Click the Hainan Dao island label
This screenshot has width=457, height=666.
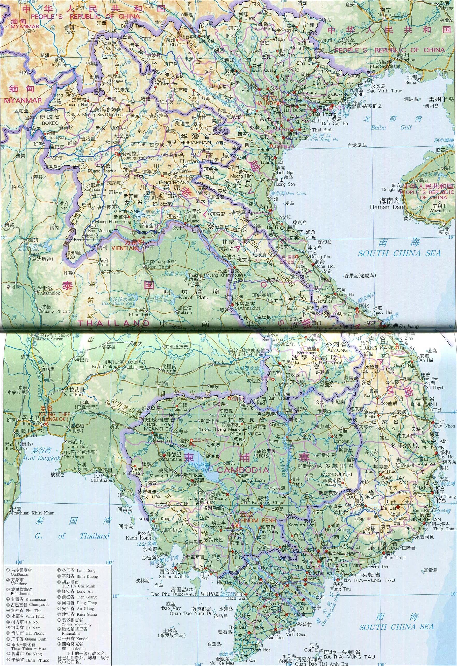pyautogui.click(x=386, y=207)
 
